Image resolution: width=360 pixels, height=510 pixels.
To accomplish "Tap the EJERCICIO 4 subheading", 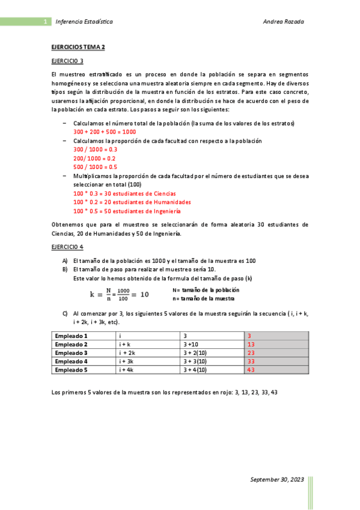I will coord(67,247).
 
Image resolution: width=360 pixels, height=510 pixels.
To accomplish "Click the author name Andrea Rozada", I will coord(284,22).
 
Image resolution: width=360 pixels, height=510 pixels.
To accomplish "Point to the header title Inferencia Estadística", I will coord(84,22).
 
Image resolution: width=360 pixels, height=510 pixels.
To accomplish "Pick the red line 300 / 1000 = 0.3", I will coord(95,149).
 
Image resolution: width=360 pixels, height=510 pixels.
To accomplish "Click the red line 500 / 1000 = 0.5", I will coord(95,167).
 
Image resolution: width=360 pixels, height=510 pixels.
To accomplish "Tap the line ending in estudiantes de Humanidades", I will coord(132,202).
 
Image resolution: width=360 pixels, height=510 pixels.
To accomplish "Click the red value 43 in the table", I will coord(251,370).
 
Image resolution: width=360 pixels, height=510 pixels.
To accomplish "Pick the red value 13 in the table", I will coord(251,344).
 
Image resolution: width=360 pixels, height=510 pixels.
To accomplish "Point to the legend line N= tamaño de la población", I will coord(205,290).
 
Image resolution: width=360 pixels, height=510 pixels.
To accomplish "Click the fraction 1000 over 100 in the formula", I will coord(123,294).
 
